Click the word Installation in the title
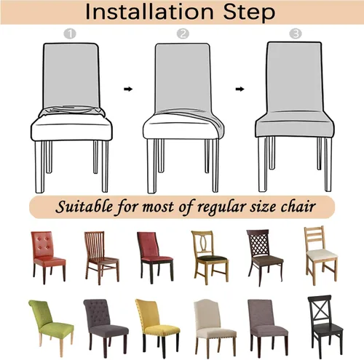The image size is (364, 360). click(x=149, y=12)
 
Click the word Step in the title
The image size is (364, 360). click(x=249, y=12)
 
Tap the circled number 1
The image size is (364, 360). click(x=70, y=34)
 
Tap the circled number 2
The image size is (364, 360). click(x=183, y=34)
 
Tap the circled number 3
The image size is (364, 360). click(x=296, y=33)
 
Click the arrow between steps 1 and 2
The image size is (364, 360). click(x=128, y=89)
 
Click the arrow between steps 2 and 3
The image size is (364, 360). click(x=240, y=89)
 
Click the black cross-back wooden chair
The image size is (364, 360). click(x=325, y=326)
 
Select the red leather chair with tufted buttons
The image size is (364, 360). click(x=48, y=257)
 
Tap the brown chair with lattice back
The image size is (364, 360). click(x=265, y=257)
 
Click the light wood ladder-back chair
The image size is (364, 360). click(x=321, y=255)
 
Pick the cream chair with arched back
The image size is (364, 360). click(x=215, y=328)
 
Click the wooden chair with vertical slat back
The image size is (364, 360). click(x=102, y=258)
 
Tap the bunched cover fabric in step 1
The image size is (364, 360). click(x=72, y=111)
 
